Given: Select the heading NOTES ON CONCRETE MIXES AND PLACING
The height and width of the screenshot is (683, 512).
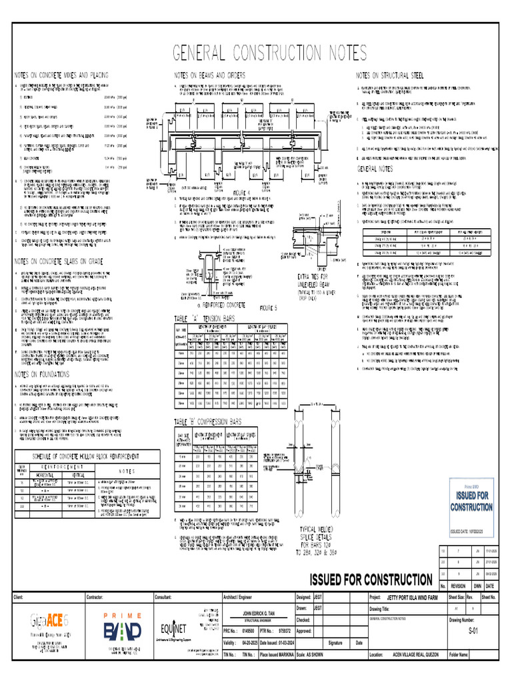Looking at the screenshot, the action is click(62, 75).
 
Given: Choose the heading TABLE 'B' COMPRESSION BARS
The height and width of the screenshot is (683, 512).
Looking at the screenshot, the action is click(216, 422).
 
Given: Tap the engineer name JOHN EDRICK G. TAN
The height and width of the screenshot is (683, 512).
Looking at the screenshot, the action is click(257, 612).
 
